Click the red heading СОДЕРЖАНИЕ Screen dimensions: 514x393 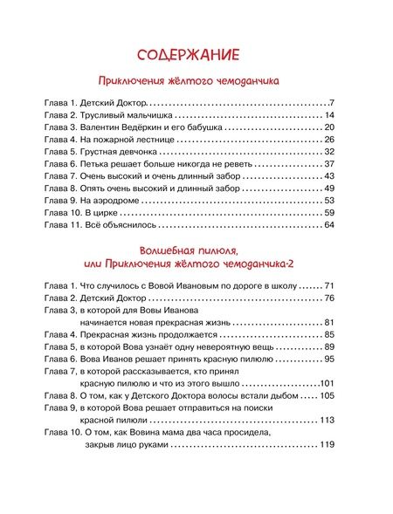(195, 55)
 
